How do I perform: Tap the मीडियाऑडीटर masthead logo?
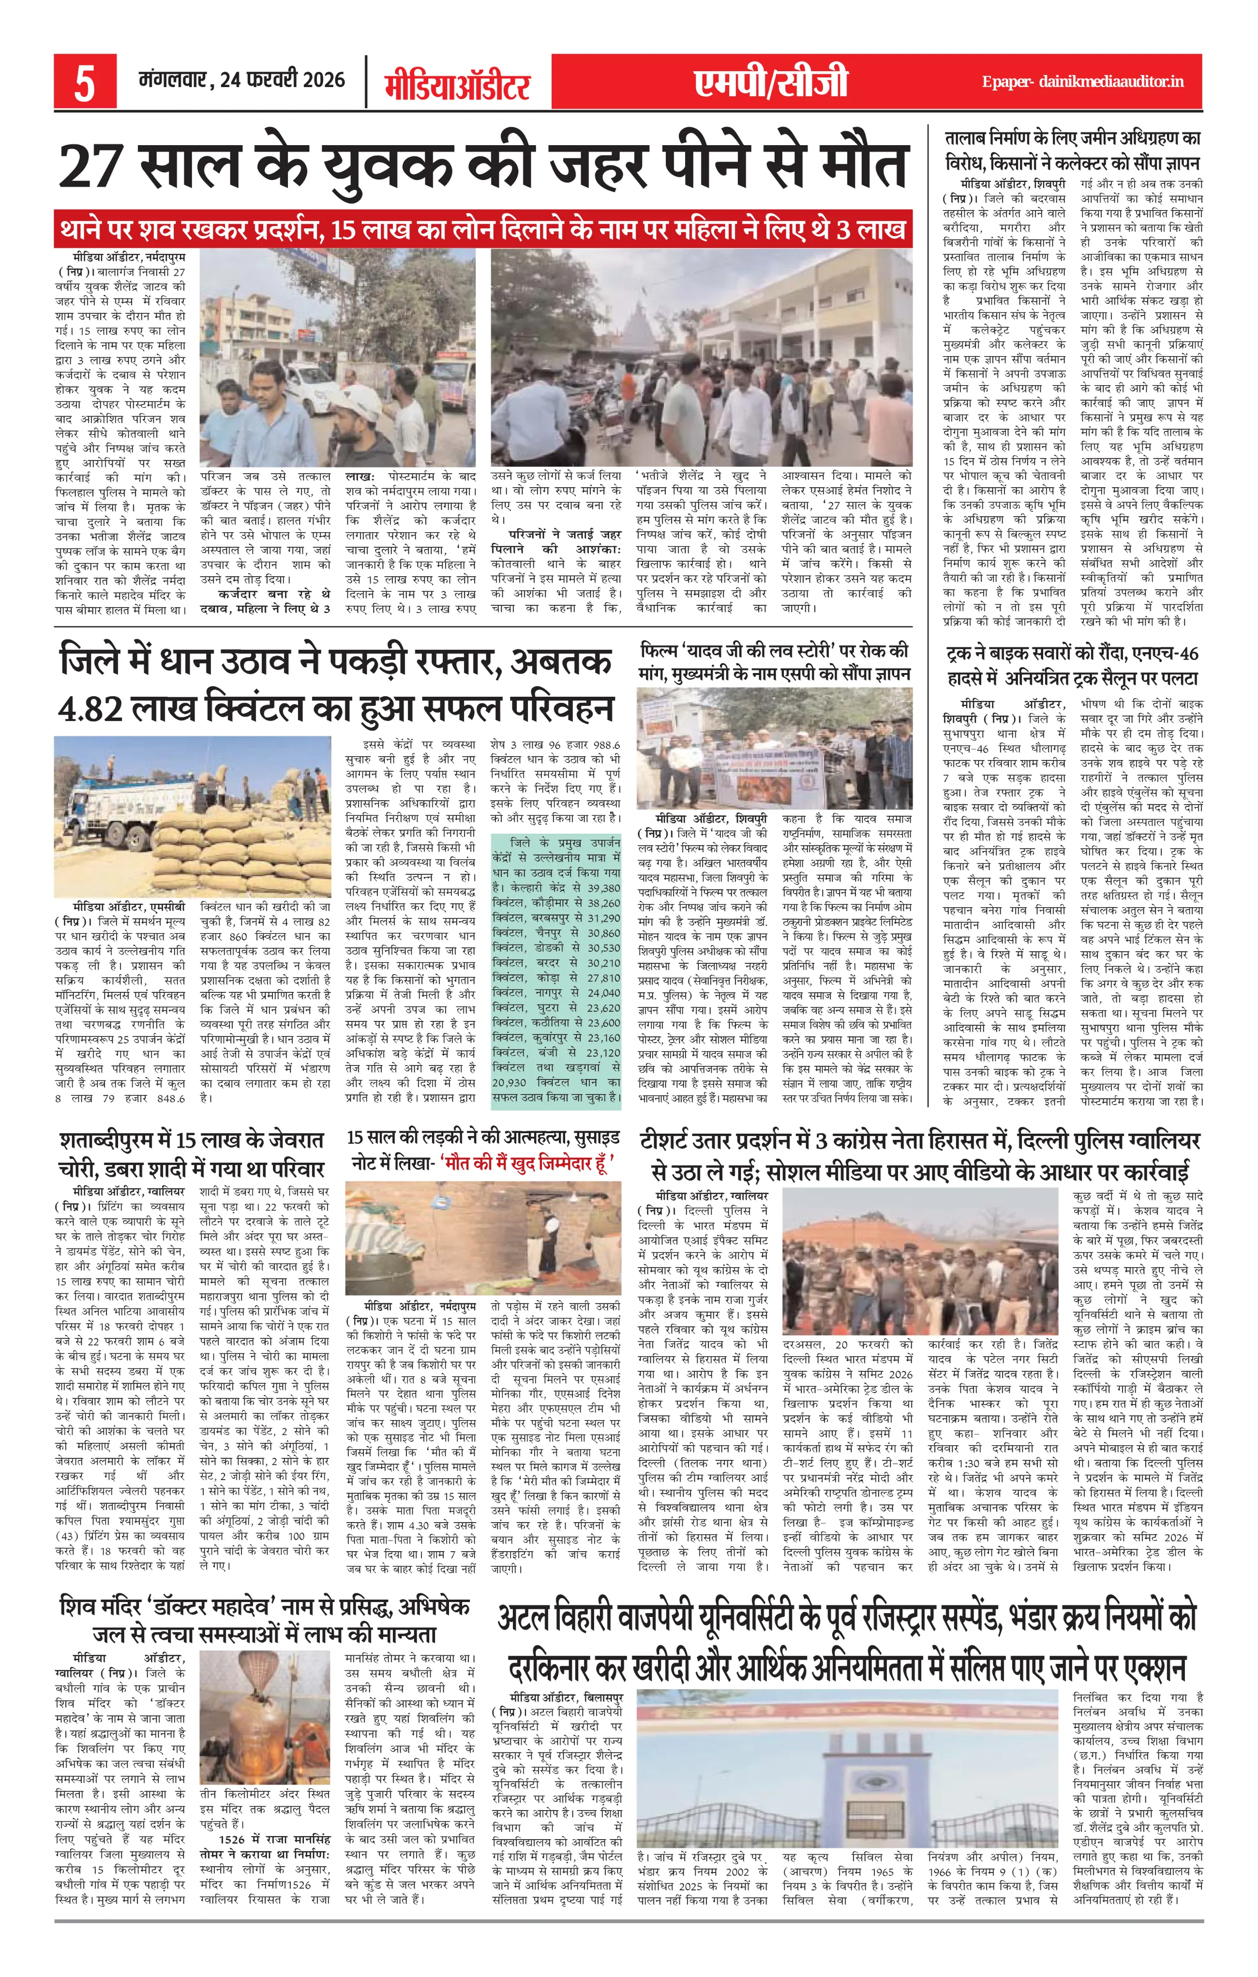[x=457, y=85]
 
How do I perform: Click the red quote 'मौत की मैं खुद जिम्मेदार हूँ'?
[x=527, y=1163]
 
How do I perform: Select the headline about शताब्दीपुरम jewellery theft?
[x=192, y=1154]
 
